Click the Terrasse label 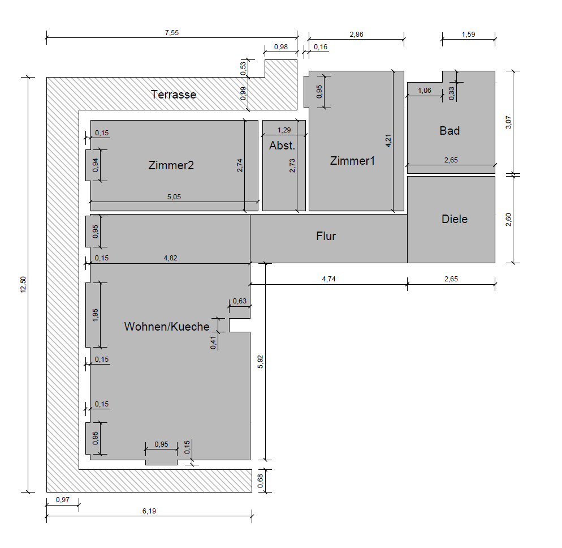(174, 95)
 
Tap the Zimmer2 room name (171, 165)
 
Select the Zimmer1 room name (352, 160)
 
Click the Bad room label (449, 131)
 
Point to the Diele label (455, 219)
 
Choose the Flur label (326, 236)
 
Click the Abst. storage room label (282, 145)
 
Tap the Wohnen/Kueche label (167, 327)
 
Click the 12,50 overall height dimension (23, 285)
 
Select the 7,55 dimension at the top (172, 33)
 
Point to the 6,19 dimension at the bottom (149, 511)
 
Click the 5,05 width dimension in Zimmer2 (174, 196)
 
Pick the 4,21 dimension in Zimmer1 (388, 140)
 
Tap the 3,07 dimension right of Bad (509, 122)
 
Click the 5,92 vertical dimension (260, 362)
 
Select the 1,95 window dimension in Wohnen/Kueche (96, 315)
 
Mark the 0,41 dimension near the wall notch (214, 342)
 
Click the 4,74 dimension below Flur (328, 279)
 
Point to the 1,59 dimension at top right (469, 35)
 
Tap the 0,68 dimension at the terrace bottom (260, 481)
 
